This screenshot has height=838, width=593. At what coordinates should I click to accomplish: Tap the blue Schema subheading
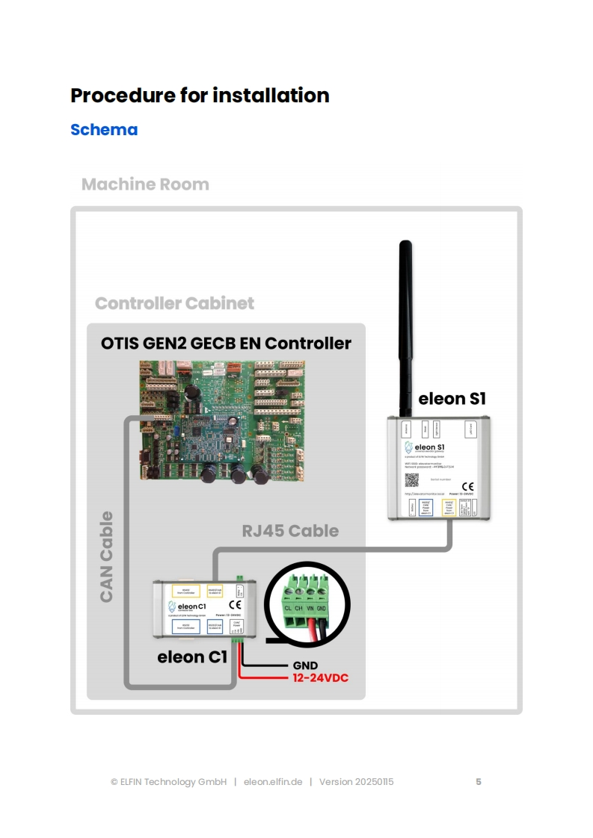[x=104, y=129]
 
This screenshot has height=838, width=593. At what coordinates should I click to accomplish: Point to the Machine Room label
[x=145, y=184]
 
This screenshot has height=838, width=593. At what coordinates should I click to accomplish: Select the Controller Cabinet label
[x=174, y=303]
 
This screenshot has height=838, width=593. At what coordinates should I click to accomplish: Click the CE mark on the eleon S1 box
[x=467, y=486]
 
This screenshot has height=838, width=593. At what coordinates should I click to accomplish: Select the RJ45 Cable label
[x=290, y=531]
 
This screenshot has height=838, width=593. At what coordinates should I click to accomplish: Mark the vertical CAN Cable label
[x=106, y=556]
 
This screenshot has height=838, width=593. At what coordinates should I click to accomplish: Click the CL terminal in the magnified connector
[x=288, y=607]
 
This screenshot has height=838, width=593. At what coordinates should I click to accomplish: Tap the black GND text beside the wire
[x=304, y=665]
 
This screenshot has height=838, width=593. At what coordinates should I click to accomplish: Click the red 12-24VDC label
[x=319, y=678]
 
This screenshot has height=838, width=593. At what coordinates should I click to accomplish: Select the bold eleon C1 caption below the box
[x=191, y=657]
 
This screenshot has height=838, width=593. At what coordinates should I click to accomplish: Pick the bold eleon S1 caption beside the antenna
[x=452, y=398]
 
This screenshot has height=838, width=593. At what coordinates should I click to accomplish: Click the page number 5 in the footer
[x=479, y=782]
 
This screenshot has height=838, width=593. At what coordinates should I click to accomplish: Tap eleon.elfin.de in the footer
[x=273, y=782]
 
